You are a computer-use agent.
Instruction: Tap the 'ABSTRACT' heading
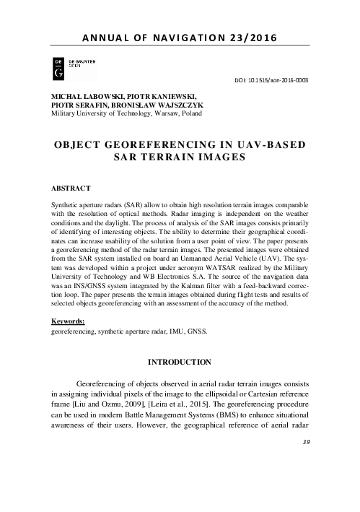(66, 188)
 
